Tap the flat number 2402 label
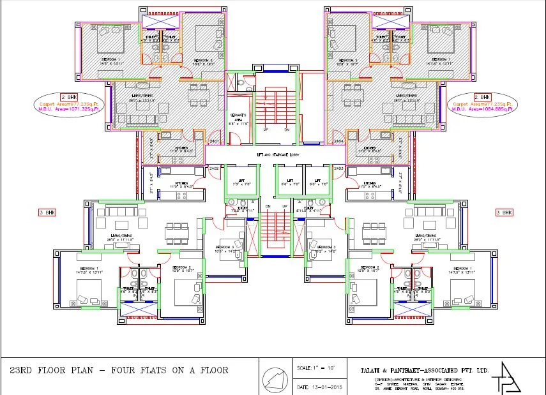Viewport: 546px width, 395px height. pyautogui.click(x=215, y=168)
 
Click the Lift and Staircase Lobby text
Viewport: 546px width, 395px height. pyautogui.click(x=273, y=155)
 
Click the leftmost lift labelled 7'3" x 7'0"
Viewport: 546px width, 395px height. pyautogui.click(x=240, y=182)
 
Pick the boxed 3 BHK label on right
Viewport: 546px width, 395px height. pyautogui.click(x=504, y=211)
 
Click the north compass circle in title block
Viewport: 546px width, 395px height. pyautogui.click(x=277, y=378)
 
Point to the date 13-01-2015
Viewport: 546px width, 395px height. pyautogui.click(x=322, y=387)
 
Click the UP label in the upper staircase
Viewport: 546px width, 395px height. pyautogui.click(x=266, y=129)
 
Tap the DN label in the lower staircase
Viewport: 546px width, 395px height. pyautogui.click(x=268, y=207)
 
